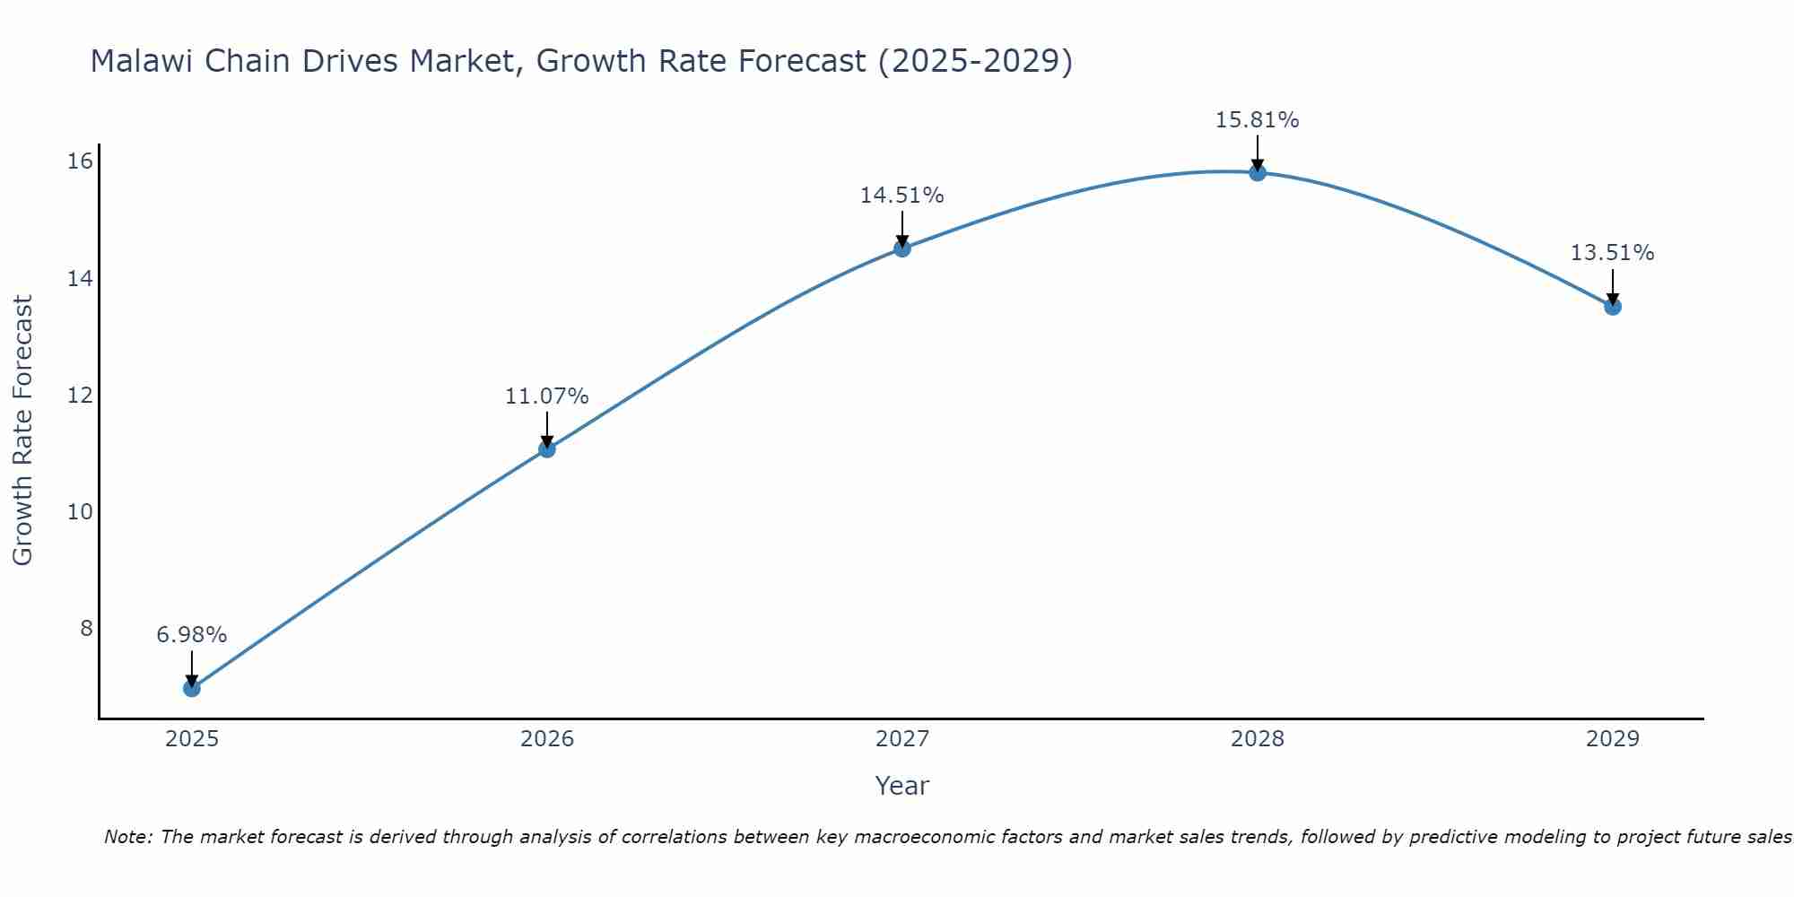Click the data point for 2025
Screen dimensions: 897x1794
191,688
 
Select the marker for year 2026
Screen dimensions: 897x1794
546,448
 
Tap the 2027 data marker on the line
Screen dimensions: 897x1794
901,248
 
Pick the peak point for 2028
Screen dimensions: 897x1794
1257,172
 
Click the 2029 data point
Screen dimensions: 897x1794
1612,307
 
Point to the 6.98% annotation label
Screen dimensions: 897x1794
191,635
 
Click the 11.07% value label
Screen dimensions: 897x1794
546,396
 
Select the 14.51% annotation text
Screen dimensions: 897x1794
901,196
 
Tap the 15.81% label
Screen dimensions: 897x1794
1257,120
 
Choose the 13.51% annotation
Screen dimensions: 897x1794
1612,253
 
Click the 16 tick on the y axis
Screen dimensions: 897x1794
80,161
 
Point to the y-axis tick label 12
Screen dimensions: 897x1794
80,395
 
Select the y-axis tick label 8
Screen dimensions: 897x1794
86,628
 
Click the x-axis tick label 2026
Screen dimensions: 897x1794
546,739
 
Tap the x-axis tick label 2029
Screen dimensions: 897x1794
1612,739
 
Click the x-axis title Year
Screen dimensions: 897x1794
901,786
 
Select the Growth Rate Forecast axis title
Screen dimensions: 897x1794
22,431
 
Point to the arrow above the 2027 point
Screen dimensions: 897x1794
901,229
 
